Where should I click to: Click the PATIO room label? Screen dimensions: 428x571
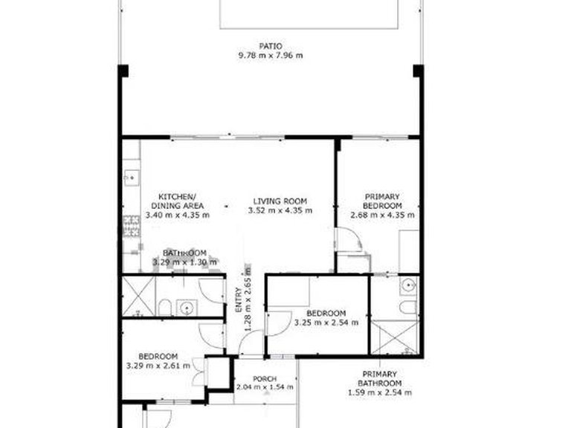(x=270, y=45)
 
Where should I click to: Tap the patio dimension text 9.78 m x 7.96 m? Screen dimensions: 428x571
(x=270, y=55)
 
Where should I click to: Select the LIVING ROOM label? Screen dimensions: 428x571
(x=280, y=201)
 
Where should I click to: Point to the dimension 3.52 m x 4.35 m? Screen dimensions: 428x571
(x=280, y=210)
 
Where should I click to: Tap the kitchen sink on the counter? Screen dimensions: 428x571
(x=131, y=177)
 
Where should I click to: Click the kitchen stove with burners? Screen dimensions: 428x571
(x=131, y=225)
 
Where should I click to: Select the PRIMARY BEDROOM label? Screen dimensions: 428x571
(x=382, y=201)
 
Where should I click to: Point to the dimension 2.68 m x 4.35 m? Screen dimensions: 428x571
(x=382, y=215)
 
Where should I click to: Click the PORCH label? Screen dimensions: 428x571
(x=265, y=378)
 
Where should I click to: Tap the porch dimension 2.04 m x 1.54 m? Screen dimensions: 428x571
(x=265, y=387)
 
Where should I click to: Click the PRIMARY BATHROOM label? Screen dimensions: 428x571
(x=380, y=378)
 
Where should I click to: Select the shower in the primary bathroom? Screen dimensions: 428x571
(x=395, y=337)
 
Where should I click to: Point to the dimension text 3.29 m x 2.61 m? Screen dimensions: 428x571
(x=158, y=365)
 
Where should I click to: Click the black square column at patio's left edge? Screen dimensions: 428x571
(x=123, y=71)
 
